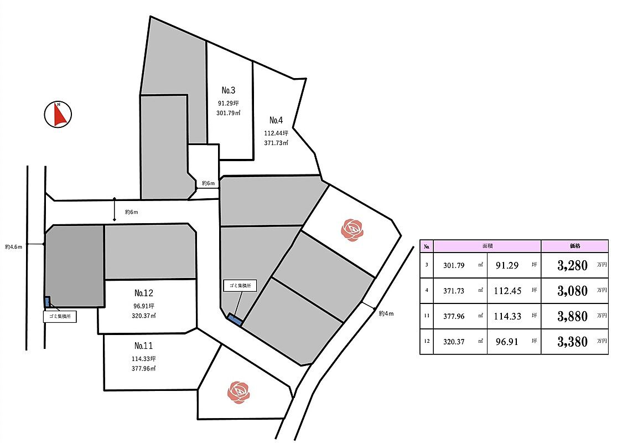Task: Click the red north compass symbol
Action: tap(58, 115)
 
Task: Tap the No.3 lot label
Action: tap(228, 90)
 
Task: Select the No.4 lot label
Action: tap(276, 120)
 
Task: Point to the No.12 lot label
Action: tap(144, 293)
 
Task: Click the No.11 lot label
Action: tap(144, 346)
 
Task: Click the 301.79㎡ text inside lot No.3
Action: tap(228, 113)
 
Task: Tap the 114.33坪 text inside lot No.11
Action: tap(144, 359)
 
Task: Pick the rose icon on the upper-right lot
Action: tap(352, 230)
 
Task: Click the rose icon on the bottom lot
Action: tap(238, 392)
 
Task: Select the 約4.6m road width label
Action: tap(13, 247)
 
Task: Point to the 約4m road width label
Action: tap(386, 313)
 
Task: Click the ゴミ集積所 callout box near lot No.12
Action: tap(60, 316)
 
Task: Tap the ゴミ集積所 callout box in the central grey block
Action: tap(240, 286)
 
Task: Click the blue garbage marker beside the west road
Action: tap(48, 302)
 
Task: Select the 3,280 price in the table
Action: tap(572, 265)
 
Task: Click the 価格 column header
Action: tap(575, 246)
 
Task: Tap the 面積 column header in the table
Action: tap(488, 246)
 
